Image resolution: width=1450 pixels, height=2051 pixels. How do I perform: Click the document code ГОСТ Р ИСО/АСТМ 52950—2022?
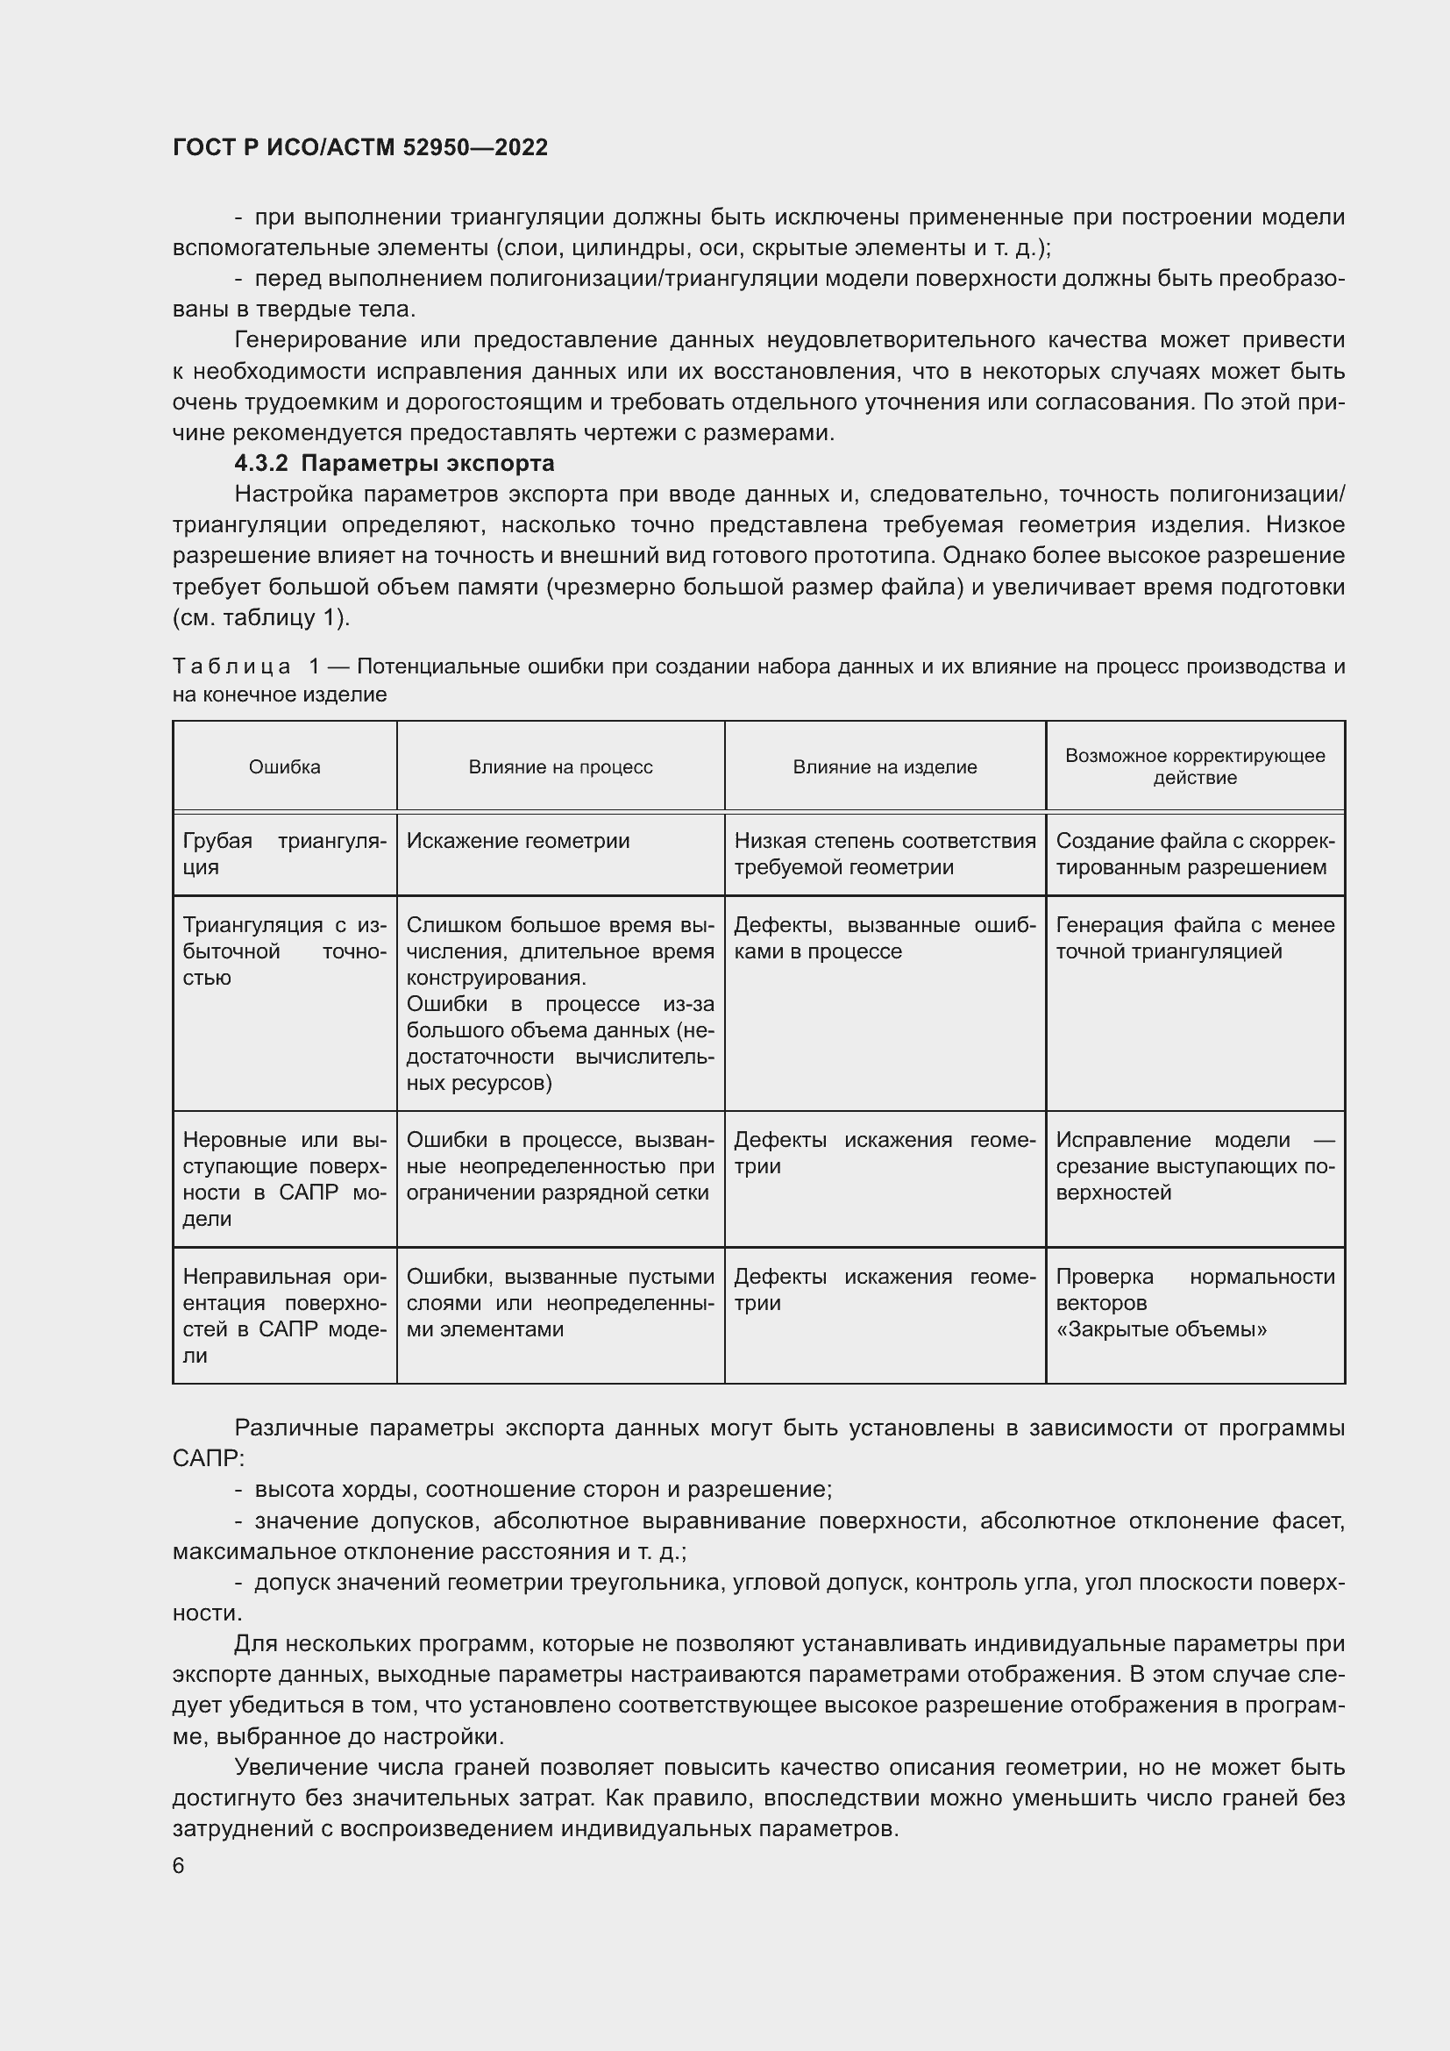click(x=359, y=147)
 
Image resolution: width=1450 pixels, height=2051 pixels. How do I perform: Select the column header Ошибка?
click(x=284, y=766)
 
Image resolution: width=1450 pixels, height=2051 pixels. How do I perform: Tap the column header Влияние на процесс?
click(x=560, y=766)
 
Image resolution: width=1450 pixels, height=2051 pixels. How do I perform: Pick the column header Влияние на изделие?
click(x=884, y=766)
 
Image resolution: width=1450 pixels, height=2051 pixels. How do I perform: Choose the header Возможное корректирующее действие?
click(x=1195, y=766)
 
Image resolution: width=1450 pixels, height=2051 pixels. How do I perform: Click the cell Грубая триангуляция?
click(x=284, y=853)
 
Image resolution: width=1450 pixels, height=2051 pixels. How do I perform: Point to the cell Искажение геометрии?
click(x=518, y=841)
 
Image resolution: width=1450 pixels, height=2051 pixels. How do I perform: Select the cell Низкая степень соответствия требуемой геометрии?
click(x=884, y=853)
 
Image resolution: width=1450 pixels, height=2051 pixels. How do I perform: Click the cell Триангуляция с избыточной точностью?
click(x=284, y=951)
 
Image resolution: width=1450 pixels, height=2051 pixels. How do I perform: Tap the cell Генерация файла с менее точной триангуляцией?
click(x=1195, y=938)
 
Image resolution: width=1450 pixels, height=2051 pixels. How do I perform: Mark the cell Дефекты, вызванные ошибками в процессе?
click(x=884, y=938)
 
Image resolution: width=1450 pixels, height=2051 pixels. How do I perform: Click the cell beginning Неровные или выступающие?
click(x=284, y=1179)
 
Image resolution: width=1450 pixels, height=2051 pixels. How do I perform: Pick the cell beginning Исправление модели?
click(x=1195, y=1165)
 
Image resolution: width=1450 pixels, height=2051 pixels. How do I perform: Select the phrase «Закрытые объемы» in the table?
click(x=1161, y=1329)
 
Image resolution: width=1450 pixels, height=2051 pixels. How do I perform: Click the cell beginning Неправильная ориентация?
click(x=284, y=1316)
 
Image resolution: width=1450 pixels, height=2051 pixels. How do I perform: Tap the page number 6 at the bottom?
click(x=179, y=1866)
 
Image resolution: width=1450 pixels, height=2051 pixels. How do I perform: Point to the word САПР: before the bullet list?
click(x=207, y=1459)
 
